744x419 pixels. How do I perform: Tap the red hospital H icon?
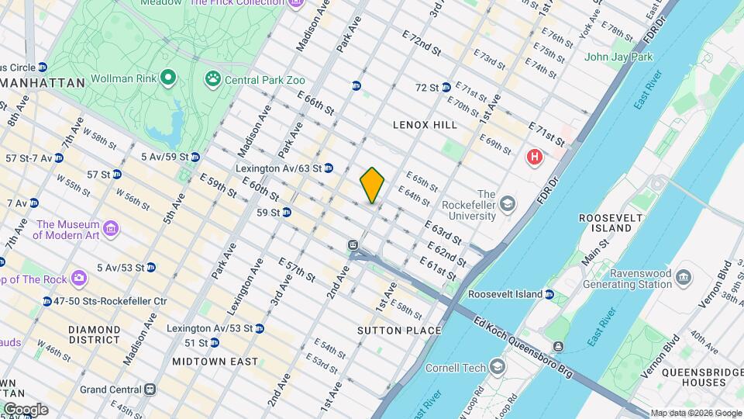click(534, 158)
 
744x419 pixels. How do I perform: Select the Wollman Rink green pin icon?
click(168, 79)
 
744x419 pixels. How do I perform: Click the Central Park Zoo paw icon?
click(212, 79)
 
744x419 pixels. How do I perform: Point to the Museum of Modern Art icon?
click(111, 228)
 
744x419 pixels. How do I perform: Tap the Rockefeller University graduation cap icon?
click(507, 204)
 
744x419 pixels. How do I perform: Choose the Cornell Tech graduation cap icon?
click(496, 368)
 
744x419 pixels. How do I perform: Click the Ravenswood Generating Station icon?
click(684, 277)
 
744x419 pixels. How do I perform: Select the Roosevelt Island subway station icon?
click(549, 295)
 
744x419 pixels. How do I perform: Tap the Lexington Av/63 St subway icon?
click(329, 168)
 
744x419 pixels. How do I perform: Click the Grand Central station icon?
click(150, 390)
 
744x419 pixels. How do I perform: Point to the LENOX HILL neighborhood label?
click(425, 124)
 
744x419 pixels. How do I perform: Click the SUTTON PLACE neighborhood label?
click(399, 331)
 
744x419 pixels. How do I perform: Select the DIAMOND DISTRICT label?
click(94, 334)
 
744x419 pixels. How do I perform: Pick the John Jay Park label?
click(618, 57)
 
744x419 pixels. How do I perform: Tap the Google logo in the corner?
click(25, 409)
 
